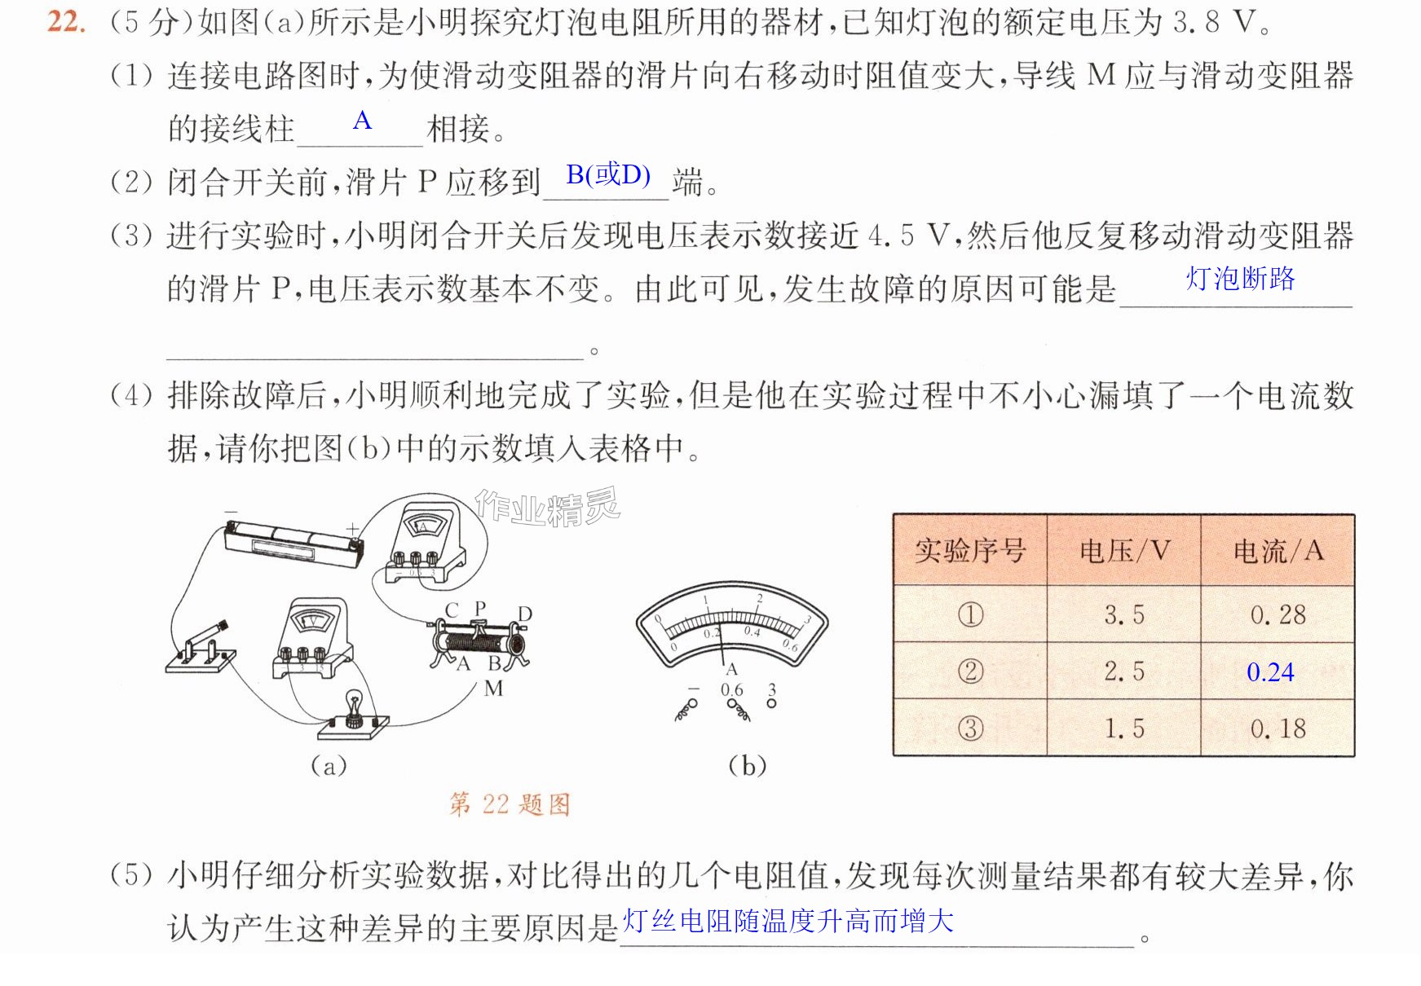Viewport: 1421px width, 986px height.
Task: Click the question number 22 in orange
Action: (66, 21)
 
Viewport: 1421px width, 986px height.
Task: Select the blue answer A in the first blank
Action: (362, 121)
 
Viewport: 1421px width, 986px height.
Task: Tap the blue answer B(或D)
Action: (608, 174)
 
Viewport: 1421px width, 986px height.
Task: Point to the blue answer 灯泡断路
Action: (1240, 279)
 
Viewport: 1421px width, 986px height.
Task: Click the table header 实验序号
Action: (969, 551)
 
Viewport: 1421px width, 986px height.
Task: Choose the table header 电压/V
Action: (1124, 551)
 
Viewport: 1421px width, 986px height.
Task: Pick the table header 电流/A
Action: (1278, 551)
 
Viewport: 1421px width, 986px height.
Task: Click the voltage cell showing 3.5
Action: (1124, 614)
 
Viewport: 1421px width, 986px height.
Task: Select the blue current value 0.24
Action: (1270, 672)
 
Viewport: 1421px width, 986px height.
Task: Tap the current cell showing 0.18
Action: (1278, 728)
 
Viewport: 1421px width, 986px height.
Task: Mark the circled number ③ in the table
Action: (970, 728)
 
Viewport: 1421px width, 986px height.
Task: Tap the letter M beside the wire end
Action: (493, 689)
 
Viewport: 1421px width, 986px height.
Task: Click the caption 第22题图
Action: (510, 805)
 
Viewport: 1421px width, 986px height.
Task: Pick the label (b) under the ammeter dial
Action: (748, 765)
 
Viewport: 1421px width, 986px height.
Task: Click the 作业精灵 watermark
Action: (548, 508)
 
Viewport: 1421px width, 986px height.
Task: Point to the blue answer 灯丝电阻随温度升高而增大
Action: (788, 921)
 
